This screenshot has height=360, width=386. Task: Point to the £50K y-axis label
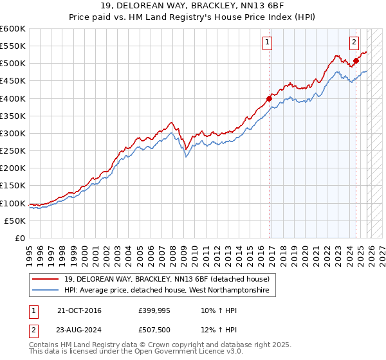[15, 221]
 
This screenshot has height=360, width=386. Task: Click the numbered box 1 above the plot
[267, 43]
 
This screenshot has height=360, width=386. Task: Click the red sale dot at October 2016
[269, 98]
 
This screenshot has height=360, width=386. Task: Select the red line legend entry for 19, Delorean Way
[170, 279]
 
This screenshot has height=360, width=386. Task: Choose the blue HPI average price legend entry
[170, 291]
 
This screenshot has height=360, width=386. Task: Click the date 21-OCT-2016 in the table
[79, 310]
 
